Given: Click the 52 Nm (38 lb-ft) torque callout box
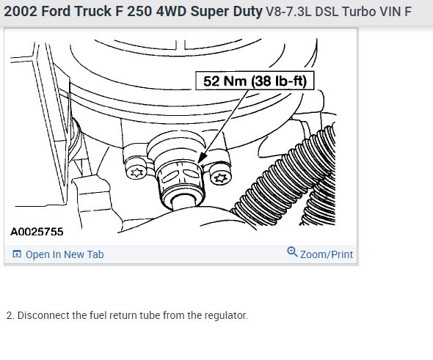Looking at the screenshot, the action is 255,81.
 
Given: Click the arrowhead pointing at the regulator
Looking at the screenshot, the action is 202,157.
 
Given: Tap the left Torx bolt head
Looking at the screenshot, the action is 136,173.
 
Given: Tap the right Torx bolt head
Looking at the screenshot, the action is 220,177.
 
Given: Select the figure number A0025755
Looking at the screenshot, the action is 37,232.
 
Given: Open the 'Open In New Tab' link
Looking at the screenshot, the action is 65,254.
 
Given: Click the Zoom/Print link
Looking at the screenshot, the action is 327,254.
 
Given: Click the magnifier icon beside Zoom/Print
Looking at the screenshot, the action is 292,252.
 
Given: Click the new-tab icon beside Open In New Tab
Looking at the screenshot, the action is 17,254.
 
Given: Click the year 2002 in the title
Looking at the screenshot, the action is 21,12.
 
